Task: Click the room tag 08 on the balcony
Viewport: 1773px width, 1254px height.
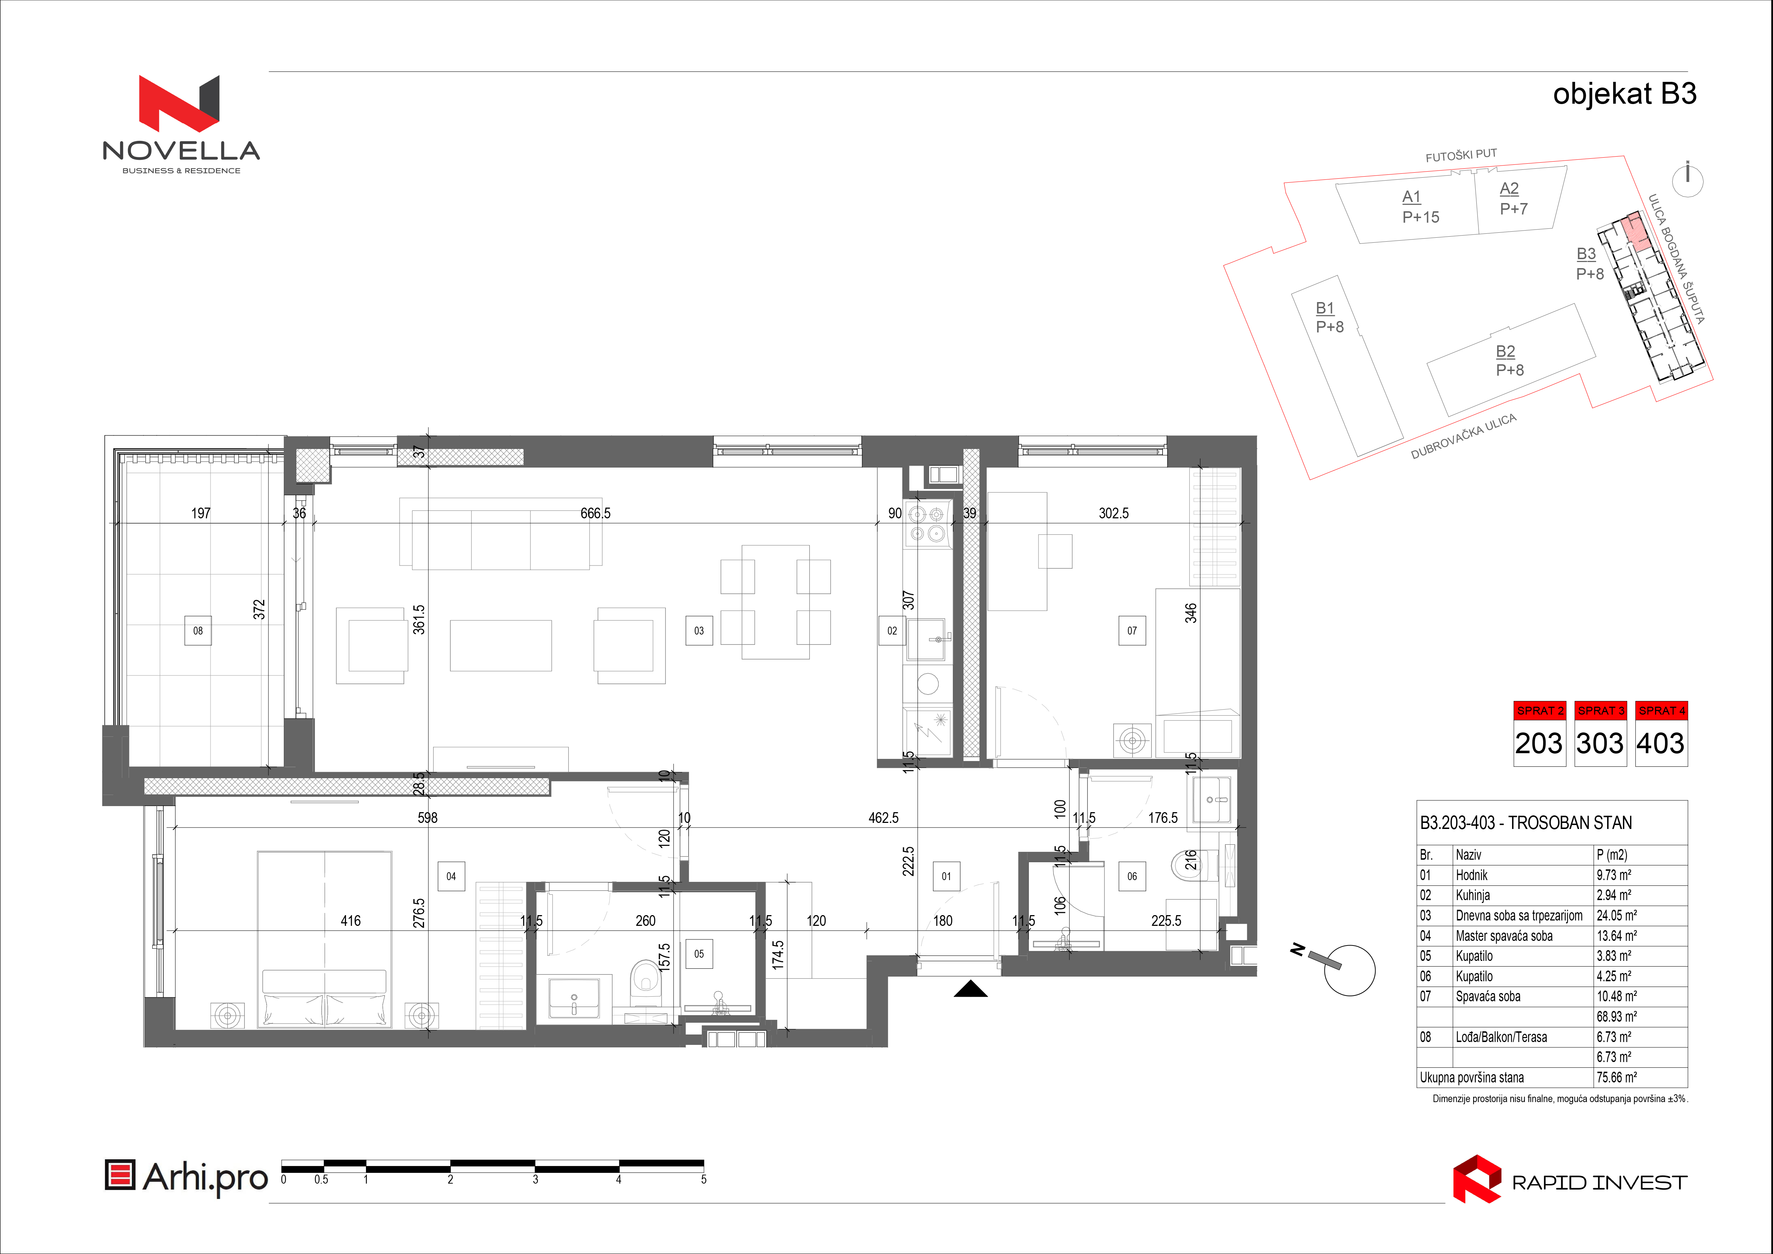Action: coord(198,631)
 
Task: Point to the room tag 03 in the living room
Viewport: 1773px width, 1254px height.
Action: coord(699,631)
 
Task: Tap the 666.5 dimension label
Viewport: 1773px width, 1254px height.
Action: coord(595,513)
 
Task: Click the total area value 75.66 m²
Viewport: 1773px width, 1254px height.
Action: coord(1616,1077)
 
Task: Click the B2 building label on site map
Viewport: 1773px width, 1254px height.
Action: coord(1506,351)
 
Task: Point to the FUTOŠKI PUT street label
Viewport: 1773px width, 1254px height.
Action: coord(1461,155)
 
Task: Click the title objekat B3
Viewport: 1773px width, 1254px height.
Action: coord(1625,94)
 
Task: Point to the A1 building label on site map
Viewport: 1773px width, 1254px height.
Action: coord(1412,197)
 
